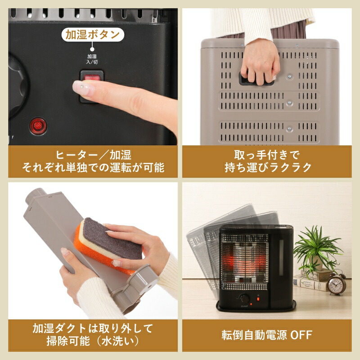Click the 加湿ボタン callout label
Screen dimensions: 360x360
tap(93, 35)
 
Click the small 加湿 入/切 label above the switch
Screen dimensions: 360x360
tap(92, 58)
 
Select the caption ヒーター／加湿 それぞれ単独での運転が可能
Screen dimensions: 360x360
tap(92, 162)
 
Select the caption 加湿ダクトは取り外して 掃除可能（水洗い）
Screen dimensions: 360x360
tap(92, 334)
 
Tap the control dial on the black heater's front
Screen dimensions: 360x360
tap(245, 299)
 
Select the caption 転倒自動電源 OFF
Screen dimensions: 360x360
tap(267, 335)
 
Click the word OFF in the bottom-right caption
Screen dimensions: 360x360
tap(301, 335)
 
